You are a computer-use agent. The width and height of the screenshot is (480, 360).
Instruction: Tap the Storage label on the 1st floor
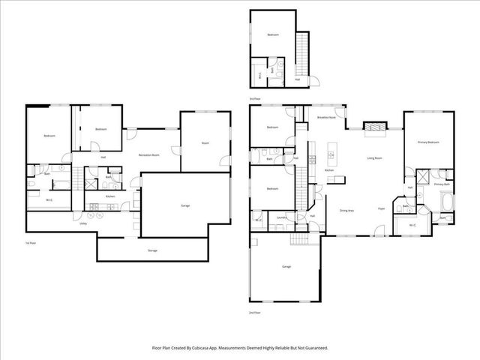click(153, 249)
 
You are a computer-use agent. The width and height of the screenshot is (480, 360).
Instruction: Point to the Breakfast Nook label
click(326, 118)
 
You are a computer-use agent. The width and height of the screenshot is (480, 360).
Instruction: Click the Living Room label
click(375, 158)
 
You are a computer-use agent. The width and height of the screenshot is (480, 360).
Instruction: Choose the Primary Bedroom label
click(427, 142)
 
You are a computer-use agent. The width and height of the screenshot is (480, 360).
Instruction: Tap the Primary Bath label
click(442, 184)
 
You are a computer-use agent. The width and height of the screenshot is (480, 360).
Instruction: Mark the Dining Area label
click(346, 210)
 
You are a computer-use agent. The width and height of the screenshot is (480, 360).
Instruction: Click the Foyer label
click(382, 209)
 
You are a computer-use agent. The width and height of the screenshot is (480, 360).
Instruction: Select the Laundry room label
click(282, 217)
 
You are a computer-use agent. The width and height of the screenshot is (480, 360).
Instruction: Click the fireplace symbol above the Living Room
click(375, 128)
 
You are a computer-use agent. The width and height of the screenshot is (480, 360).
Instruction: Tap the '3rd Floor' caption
click(256, 98)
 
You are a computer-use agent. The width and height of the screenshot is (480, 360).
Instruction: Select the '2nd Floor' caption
click(256, 311)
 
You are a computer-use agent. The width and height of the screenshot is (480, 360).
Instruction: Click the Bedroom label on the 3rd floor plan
click(274, 35)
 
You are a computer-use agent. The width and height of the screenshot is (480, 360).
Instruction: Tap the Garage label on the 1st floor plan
click(184, 205)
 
